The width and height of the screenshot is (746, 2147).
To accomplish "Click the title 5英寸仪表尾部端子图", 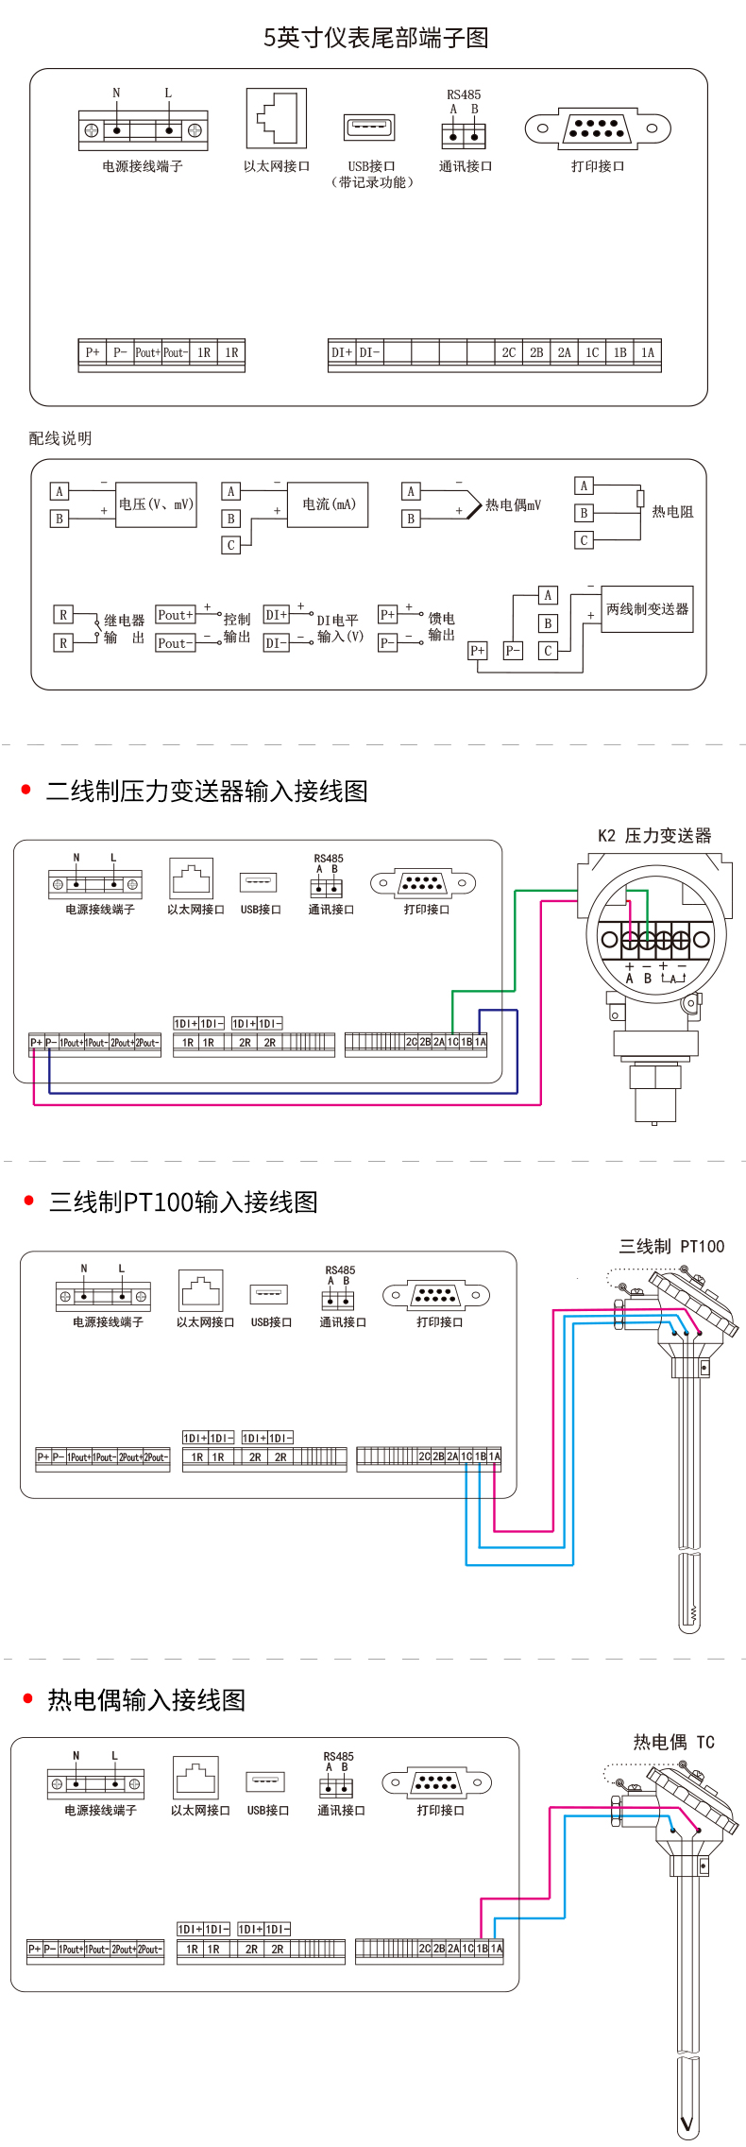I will (x=376, y=38).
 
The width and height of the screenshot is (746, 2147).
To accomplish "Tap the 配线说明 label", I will (x=60, y=438).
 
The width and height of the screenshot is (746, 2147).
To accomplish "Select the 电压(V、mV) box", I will (x=156, y=504).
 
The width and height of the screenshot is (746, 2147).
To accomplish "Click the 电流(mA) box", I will (x=329, y=504).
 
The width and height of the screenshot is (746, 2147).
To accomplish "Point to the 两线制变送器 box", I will (x=647, y=609).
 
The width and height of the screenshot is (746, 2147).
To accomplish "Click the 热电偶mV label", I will (x=513, y=505).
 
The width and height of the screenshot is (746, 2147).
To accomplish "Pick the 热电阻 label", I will (x=672, y=512).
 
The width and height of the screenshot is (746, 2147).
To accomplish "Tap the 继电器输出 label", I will (x=124, y=629).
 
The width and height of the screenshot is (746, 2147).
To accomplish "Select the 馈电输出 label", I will (x=441, y=626).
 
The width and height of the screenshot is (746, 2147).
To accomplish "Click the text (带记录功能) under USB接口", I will (x=372, y=182).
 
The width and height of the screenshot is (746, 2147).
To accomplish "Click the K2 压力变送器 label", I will (x=654, y=835).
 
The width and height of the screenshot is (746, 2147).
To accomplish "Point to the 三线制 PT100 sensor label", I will (x=671, y=1246).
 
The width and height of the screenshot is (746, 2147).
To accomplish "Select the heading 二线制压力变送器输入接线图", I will (x=207, y=791).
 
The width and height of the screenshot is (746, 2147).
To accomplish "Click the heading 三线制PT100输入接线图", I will (x=183, y=1201).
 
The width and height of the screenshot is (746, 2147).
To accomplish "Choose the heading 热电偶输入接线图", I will (x=146, y=1700).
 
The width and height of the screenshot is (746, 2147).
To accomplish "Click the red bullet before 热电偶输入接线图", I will (x=27, y=1699).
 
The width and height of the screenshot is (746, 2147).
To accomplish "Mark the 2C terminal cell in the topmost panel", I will (x=508, y=352).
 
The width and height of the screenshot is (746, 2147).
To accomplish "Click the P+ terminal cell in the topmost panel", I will (x=92, y=352).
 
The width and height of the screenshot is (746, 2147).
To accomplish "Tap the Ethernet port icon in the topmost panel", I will (x=277, y=118).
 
